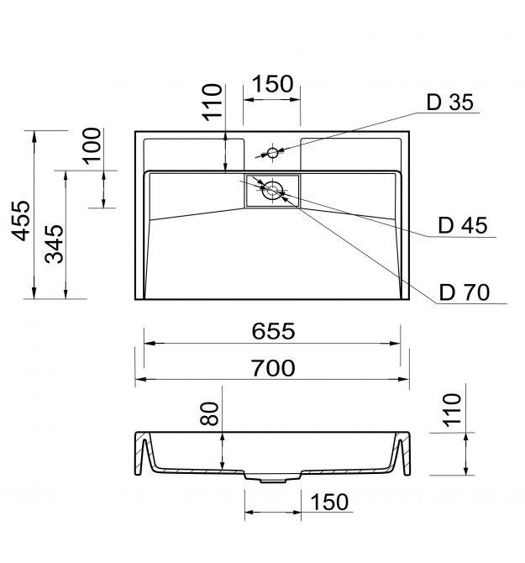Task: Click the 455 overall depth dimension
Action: pos(21,220)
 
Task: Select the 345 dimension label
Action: pos(55,245)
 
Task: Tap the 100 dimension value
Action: pos(92,145)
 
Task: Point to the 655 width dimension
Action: pos(274,331)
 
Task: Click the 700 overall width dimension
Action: pos(274,368)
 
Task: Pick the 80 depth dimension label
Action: pos(209,413)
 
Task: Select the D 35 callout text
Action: pos(450,102)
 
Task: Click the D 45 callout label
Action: pos(463,225)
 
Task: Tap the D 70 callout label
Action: pos(465,292)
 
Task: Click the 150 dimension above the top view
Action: pos(273,84)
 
